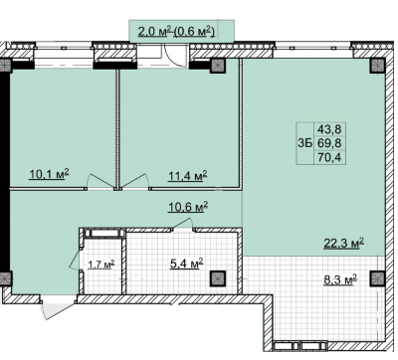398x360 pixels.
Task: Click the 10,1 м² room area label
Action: pyautogui.click(x=49, y=173)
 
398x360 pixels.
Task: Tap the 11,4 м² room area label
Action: pyautogui.click(x=188, y=175)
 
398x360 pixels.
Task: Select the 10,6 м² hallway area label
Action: pyautogui.click(x=188, y=207)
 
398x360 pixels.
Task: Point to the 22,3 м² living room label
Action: pyautogui.click(x=343, y=243)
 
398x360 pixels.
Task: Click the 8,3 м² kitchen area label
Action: pyautogui.click(x=340, y=279)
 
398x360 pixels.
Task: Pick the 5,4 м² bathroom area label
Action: pyautogui.click(x=186, y=265)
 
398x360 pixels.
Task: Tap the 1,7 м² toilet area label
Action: pyautogui.click(x=101, y=265)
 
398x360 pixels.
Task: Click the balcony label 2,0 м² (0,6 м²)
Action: pyautogui.click(x=176, y=32)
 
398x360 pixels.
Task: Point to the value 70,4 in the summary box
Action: pyautogui.click(x=329, y=158)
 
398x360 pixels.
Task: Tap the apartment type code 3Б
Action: pyautogui.click(x=305, y=143)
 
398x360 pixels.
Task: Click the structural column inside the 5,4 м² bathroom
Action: pyautogui.click(x=218, y=277)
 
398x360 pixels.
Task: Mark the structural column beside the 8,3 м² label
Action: pyautogui.click(x=378, y=278)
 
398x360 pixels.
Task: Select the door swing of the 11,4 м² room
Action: pyautogui.click(x=134, y=181)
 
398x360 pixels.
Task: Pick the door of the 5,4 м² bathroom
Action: pyautogui.click(x=182, y=224)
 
